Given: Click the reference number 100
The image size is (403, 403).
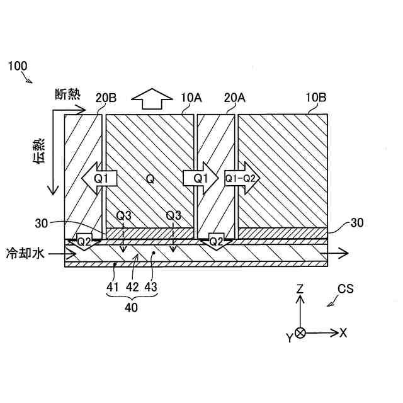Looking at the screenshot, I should pyautogui.click(x=17, y=65).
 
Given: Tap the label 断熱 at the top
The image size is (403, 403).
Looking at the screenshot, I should pyautogui.click(x=67, y=94).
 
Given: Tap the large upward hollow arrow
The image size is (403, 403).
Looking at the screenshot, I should pyautogui.click(x=152, y=99).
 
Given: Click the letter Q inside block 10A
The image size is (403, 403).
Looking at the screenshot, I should pyautogui.click(x=150, y=179).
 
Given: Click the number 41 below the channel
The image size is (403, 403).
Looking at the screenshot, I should pyautogui.click(x=112, y=287).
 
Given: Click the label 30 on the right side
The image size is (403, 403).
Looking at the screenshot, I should pyautogui.click(x=356, y=222).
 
